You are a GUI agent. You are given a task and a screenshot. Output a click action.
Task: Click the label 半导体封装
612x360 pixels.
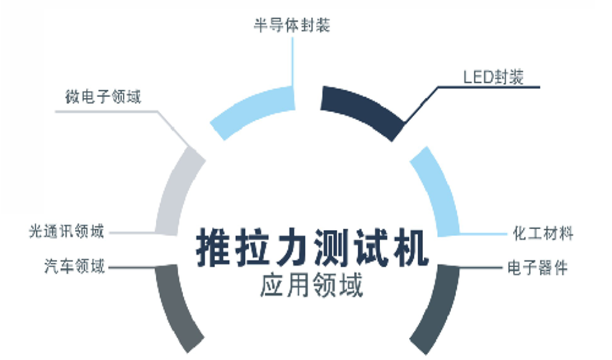tap(292, 26)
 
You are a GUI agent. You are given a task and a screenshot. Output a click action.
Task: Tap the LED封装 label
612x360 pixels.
tap(494, 77)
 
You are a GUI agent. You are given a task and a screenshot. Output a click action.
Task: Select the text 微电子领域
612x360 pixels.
tap(103, 97)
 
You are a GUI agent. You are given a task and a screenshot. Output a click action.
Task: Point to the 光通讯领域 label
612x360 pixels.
tap(67, 231)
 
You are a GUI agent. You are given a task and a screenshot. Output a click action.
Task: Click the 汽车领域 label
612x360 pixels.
tap(75, 267)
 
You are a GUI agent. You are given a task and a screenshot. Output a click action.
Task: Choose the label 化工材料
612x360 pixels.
tap(543, 233)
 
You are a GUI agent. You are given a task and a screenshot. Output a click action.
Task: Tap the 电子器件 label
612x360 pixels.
tap(538, 268)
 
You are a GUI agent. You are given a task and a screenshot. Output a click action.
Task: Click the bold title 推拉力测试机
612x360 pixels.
tap(312, 248)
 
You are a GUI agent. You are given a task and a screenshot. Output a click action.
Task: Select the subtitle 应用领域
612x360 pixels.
tap(312, 285)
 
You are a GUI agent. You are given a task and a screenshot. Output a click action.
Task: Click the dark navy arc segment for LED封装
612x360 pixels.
tap(361, 108)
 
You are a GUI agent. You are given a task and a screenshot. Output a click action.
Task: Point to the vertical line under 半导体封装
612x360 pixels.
tap(292, 62)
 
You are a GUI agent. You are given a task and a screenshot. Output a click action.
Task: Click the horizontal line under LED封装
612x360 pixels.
tap(489, 87)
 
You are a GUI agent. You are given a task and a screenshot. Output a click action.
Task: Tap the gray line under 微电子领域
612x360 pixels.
tap(106, 111)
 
